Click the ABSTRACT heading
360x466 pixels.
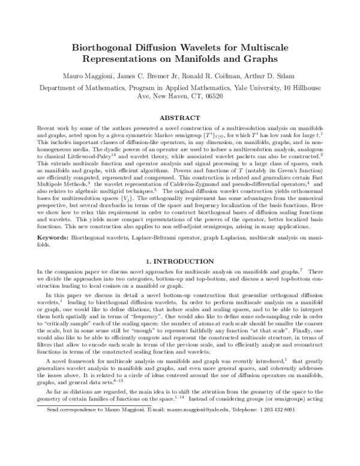tap(180, 118)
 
